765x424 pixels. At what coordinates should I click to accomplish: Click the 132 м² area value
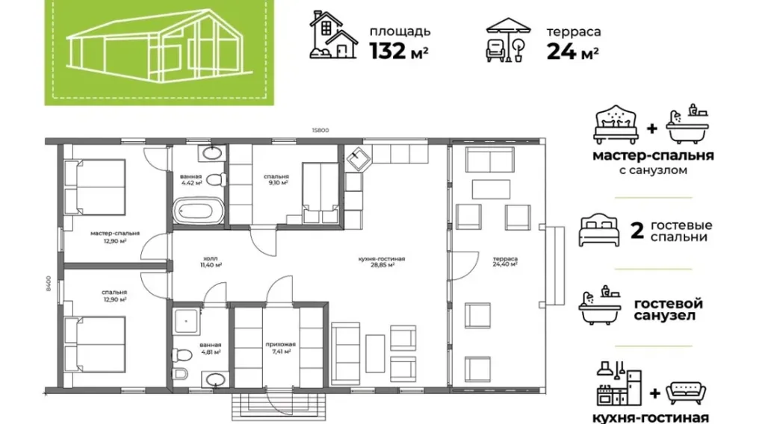click(x=399, y=52)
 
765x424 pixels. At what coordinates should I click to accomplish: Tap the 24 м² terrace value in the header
click(x=573, y=52)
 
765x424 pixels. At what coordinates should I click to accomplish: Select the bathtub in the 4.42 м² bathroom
click(x=199, y=211)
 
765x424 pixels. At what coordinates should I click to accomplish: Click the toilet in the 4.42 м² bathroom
click(x=215, y=180)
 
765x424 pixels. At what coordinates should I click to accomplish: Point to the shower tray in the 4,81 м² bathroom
click(x=186, y=321)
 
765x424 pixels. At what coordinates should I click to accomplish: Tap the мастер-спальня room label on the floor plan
click(x=115, y=234)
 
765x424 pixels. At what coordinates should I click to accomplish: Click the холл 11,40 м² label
click(x=211, y=262)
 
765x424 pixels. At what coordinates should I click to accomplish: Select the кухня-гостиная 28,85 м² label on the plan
click(x=382, y=262)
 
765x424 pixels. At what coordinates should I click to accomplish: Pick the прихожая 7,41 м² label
click(x=281, y=347)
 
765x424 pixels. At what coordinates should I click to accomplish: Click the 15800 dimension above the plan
click(x=320, y=130)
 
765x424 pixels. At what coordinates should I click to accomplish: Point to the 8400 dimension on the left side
click(x=49, y=283)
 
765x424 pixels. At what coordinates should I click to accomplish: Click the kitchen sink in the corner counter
click(x=359, y=158)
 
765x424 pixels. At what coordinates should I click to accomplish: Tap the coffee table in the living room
click(x=375, y=353)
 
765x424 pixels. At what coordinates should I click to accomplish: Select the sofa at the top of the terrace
click(x=490, y=160)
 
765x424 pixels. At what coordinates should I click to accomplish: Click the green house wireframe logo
click(x=159, y=51)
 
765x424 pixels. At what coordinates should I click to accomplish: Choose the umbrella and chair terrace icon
click(x=507, y=40)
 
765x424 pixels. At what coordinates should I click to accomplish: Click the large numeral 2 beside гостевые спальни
click(x=637, y=231)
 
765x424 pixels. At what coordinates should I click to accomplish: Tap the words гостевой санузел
click(x=668, y=310)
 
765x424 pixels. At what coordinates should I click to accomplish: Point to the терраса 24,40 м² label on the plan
click(x=505, y=262)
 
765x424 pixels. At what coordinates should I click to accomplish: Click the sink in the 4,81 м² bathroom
click(x=214, y=378)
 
